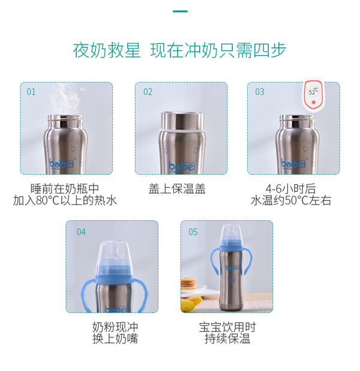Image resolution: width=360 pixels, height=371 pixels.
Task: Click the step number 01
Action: click(x=31, y=92)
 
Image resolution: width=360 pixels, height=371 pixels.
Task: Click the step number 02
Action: click(x=148, y=92)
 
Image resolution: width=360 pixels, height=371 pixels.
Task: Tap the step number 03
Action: click(x=260, y=92)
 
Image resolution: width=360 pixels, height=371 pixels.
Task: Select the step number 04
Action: click(x=81, y=232)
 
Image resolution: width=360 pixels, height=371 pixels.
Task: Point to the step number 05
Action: click(x=193, y=232)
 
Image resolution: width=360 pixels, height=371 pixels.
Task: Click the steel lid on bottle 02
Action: click(x=181, y=120)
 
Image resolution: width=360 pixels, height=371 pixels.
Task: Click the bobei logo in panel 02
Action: click(x=181, y=164)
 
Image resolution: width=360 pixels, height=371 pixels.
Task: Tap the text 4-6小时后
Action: click(x=290, y=188)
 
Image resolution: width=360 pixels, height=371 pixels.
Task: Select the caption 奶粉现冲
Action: click(x=115, y=327)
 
